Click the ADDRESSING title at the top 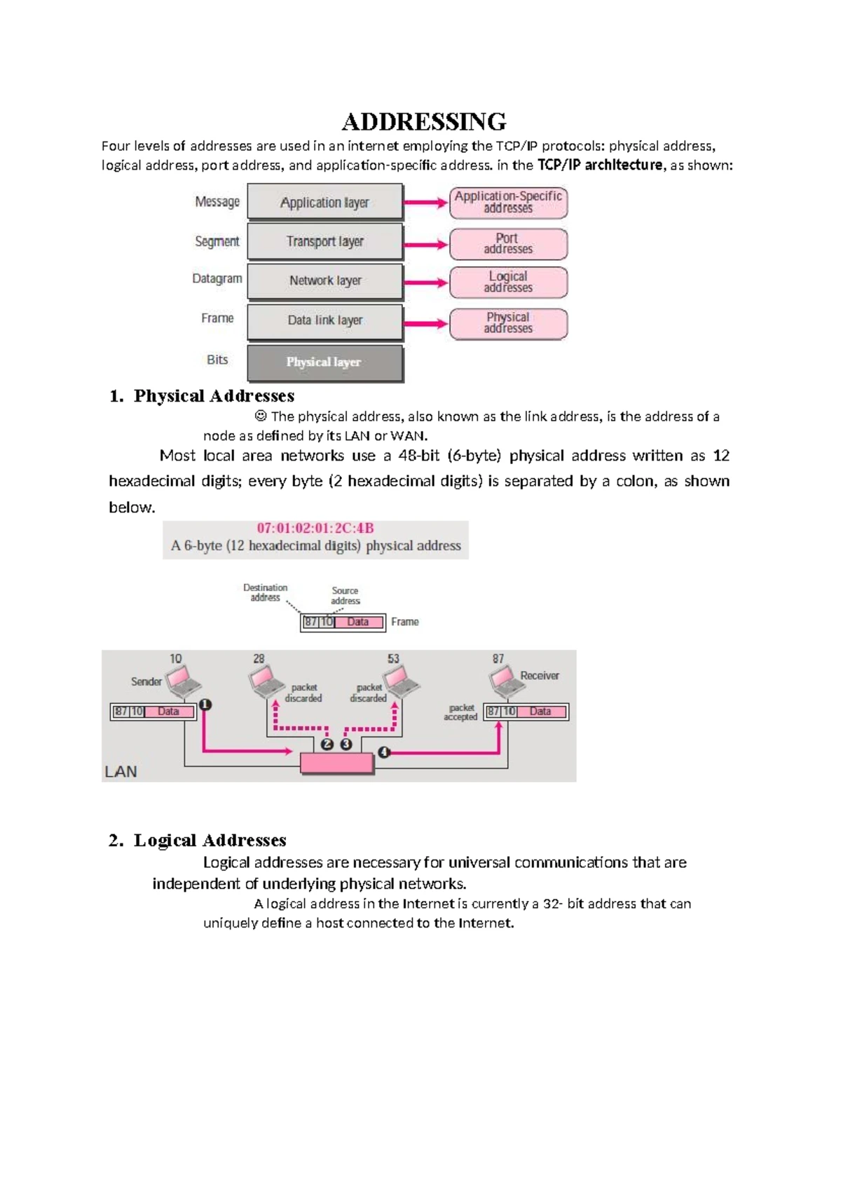click(x=423, y=122)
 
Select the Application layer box click(x=325, y=203)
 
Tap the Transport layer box click(x=325, y=242)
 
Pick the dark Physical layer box click(x=325, y=362)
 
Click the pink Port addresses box click(x=508, y=244)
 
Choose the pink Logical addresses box click(x=508, y=283)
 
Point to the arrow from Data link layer click(x=425, y=324)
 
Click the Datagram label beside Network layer click(x=217, y=279)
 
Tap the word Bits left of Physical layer click(x=217, y=360)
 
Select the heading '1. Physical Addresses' click(x=202, y=396)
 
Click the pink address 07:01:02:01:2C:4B click(x=315, y=529)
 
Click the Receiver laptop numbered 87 click(x=505, y=679)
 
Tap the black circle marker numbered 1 click(x=205, y=705)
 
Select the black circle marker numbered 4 click(x=383, y=752)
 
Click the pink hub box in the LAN click(x=337, y=763)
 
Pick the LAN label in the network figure click(x=121, y=772)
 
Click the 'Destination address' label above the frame click(x=265, y=593)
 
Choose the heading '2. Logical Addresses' click(x=198, y=841)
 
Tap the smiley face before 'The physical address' click(x=261, y=416)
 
